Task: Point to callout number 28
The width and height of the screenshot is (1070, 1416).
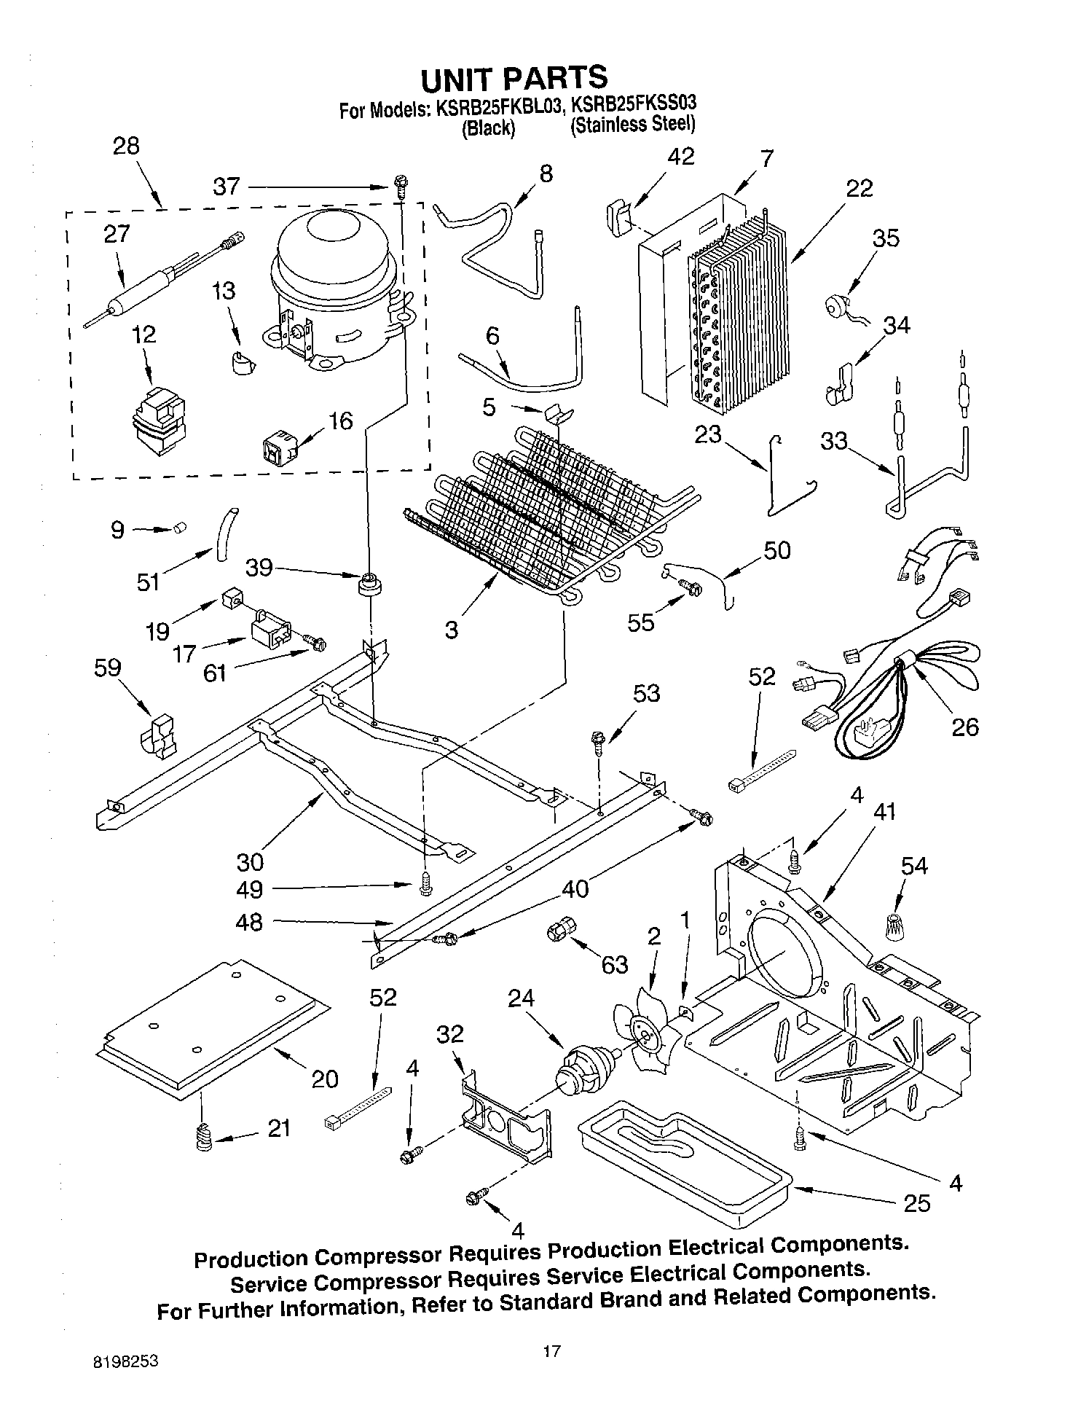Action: (x=126, y=146)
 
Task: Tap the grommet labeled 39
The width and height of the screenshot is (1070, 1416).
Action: (x=371, y=584)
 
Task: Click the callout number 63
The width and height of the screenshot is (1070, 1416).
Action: (x=615, y=964)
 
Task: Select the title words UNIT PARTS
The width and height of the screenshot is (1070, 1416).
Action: (x=514, y=77)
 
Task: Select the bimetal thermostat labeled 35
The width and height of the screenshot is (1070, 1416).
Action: (x=836, y=305)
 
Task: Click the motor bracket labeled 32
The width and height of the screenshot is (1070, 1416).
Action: (x=507, y=1116)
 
